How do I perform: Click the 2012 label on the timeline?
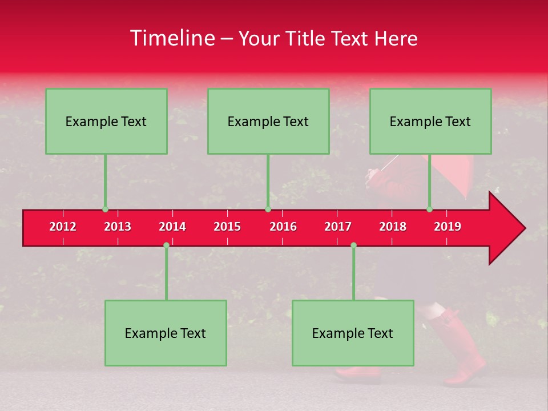(x=63, y=227)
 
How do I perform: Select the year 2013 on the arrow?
(x=118, y=227)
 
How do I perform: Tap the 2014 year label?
(x=172, y=227)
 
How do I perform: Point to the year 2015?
(x=227, y=227)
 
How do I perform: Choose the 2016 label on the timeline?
(x=283, y=227)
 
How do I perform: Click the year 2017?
(x=338, y=227)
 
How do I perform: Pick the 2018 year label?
(x=393, y=227)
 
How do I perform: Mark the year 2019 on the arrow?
(x=448, y=227)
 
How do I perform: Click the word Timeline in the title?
(x=171, y=38)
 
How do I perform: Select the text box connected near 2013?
(x=106, y=121)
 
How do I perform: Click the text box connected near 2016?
(x=268, y=121)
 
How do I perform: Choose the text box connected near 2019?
(x=430, y=121)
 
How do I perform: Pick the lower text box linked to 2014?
(x=166, y=333)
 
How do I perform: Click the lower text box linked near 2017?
(x=353, y=333)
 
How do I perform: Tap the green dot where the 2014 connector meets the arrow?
(x=166, y=245)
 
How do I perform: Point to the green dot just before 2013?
(x=105, y=209)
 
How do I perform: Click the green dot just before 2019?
(x=429, y=209)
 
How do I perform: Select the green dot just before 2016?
(x=268, y=209)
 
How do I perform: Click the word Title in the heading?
(x=307, y=39)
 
